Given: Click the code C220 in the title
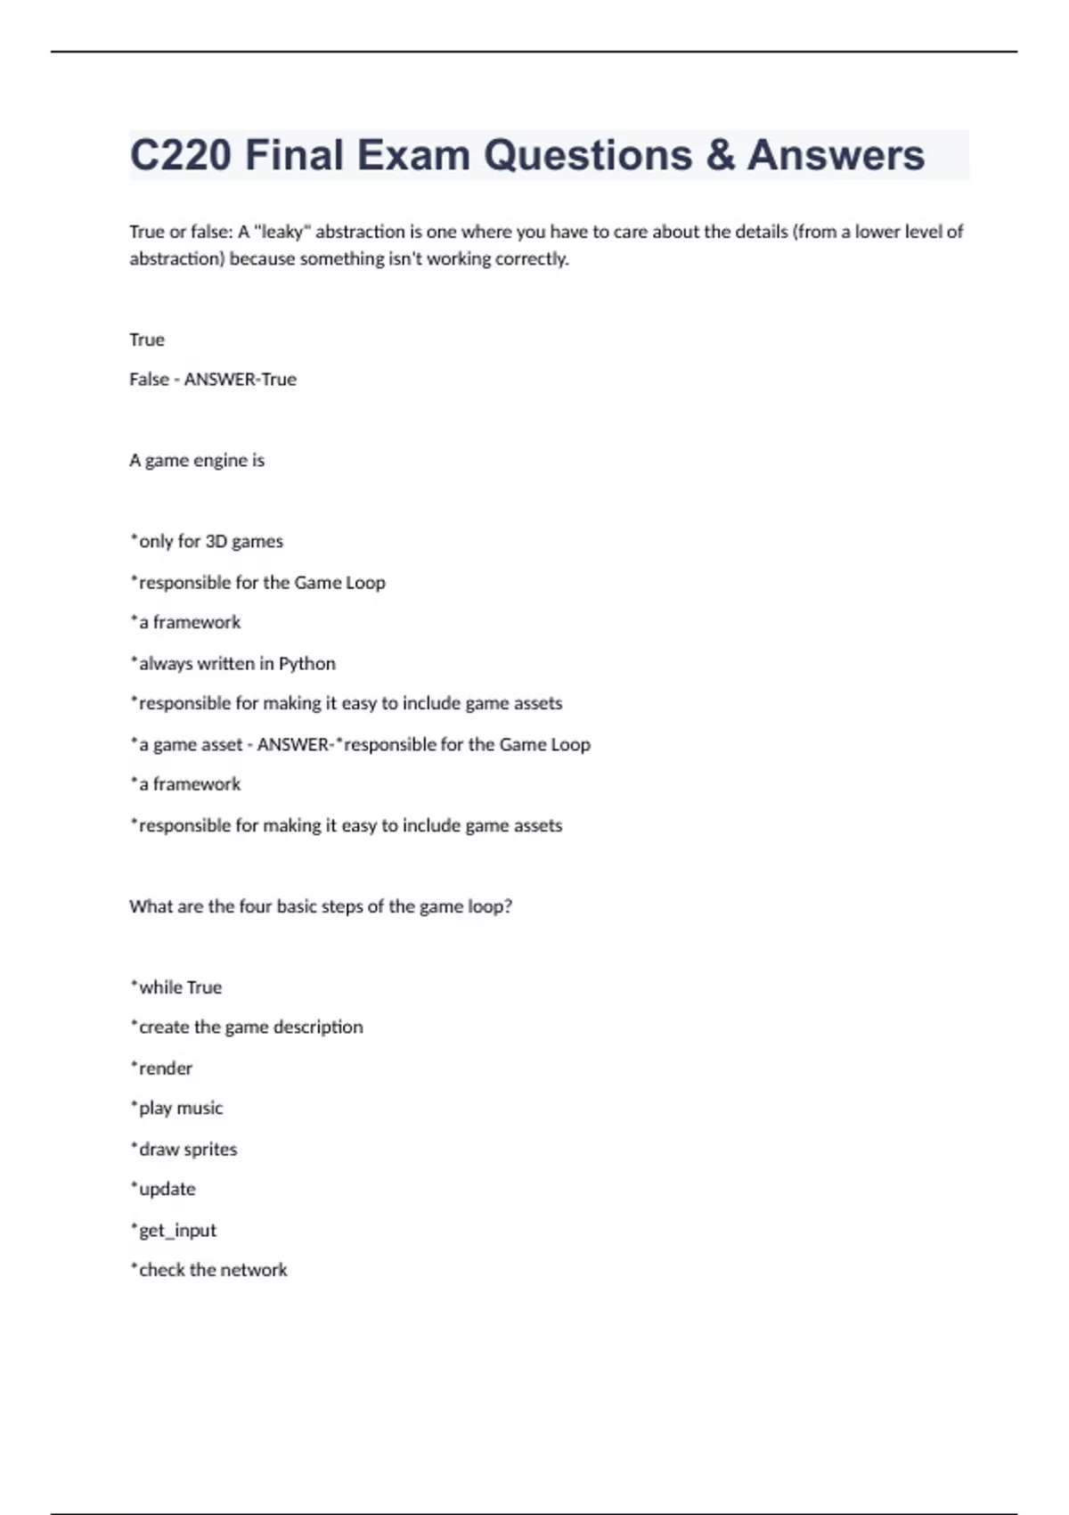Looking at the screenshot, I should pos(181,155).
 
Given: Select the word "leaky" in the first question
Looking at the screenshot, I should pos(282,232).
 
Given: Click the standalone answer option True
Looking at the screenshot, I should pos(147,340).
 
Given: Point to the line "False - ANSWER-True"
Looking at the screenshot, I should pos(213,380).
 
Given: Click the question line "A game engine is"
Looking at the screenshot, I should pos(197,461).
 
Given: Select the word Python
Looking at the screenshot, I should pos(307,664).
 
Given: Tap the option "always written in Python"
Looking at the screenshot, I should pos(233,664).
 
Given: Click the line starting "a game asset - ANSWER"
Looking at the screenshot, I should pos(360,744).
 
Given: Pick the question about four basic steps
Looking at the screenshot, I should pos(321,906).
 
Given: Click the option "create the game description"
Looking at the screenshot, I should pos(247,1028).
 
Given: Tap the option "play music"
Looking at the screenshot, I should pos(177,1109).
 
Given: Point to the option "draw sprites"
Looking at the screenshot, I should pos(184,1150).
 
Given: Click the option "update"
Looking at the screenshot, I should pos(164,1190).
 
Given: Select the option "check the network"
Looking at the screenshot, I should pos(209,1271).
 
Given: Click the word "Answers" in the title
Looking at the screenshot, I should pos(836,155).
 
